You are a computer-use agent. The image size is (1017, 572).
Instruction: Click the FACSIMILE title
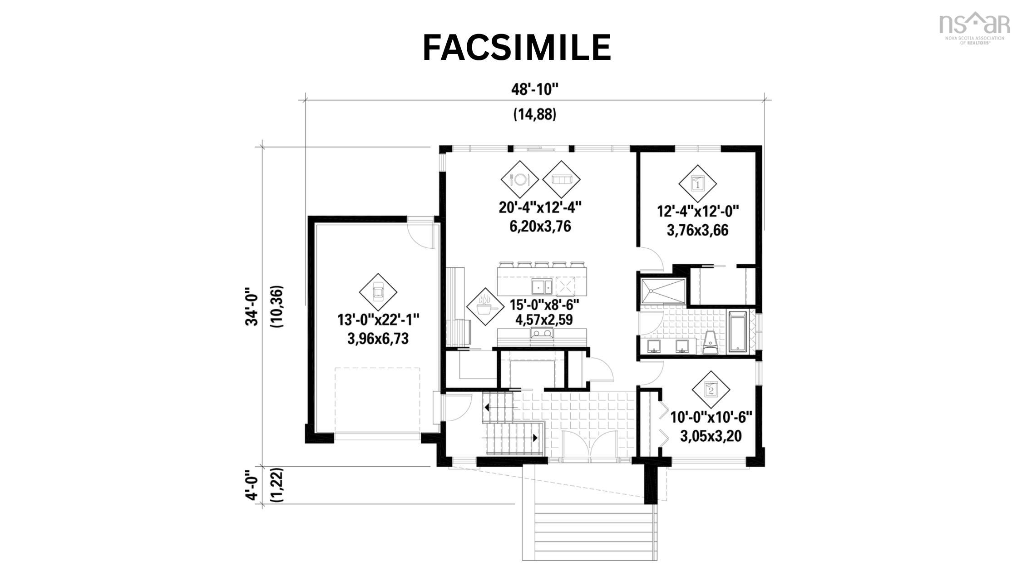(x=517, y=48)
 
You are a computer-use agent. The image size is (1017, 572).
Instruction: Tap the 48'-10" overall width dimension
(x=534, y=90)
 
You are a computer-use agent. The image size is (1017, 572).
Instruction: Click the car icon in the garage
(x=378, y=292)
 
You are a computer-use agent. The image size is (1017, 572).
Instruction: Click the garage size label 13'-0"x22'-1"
(x=378, y=320)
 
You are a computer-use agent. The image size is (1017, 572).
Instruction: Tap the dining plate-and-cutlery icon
(x=519, y=179)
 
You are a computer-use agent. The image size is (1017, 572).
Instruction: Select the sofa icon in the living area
(x=561, y=179)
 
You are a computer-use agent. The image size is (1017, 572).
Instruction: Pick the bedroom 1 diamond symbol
(x=697, y=183)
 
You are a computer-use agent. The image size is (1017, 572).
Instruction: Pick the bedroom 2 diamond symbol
(x=711, y=389)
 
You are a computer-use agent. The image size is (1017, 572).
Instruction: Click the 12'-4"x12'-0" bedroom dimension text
(x=698, y=212)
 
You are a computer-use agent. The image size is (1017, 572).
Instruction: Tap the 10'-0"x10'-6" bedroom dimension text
(x=711, y=417)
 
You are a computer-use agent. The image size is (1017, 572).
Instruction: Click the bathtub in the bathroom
(x=740, y=331)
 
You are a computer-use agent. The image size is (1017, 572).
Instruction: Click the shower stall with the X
(x=662, y=291)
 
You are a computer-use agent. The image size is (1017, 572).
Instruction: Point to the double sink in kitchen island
(x=542, y=286)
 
